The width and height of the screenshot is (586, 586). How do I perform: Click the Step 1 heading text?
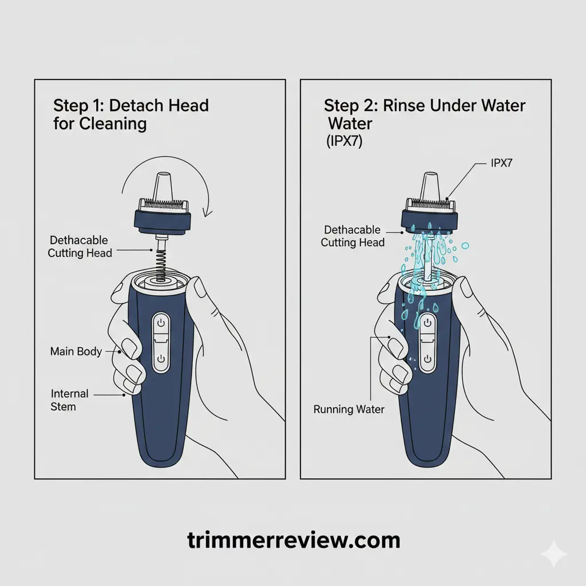coord(131,114)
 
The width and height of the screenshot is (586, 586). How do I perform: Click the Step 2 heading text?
coord(424,114)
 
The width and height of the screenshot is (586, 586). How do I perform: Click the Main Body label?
coord(76,351)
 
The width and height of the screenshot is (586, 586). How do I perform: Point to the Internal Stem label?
coord(69,400)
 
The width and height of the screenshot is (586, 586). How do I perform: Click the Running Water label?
coord(349,410)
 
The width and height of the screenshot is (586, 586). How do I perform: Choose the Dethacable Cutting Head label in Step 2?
coord(353,236)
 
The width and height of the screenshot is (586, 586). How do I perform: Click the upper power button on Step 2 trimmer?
coord(427,324)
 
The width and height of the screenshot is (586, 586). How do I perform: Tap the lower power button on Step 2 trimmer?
coord(427,359)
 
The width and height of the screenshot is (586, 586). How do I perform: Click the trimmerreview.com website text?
coord(294,540)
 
